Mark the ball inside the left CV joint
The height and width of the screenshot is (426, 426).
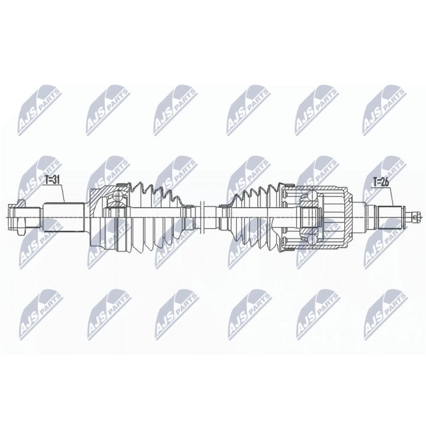[118, 196]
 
